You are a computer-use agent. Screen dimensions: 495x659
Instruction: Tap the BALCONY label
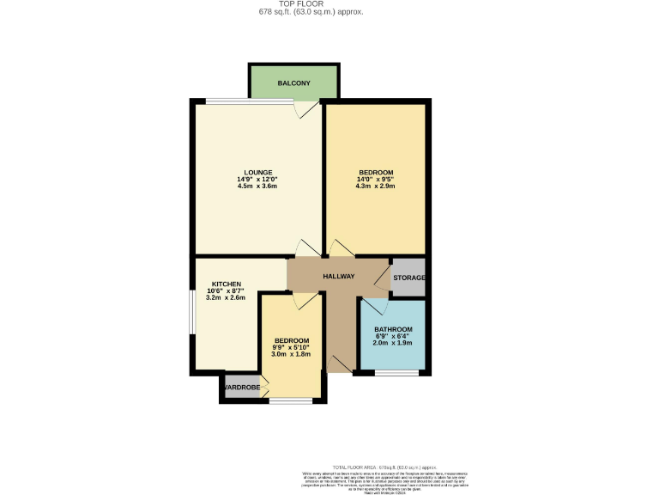[x=293, y=83]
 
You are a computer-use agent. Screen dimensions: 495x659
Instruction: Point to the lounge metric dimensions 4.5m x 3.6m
[x=257, y=186]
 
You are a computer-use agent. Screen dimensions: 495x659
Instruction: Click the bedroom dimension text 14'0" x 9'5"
[x=376, y=180]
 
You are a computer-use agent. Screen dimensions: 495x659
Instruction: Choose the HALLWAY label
[x=339, y=277]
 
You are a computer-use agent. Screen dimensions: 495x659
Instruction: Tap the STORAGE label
[x=409, y=278]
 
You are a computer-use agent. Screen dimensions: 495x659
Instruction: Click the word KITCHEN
[x=227, y=284]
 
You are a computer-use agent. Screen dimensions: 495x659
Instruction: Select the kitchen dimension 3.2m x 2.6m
[x=227, y=298]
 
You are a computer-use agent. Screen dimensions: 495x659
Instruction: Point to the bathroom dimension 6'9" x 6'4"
[x=393, y=337]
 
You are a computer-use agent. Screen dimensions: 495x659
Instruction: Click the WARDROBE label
[x=241, y=388]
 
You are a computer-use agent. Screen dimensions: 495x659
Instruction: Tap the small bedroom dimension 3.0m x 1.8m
[x=291, y=354]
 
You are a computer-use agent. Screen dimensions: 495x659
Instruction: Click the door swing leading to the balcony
[x=306, y=110]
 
